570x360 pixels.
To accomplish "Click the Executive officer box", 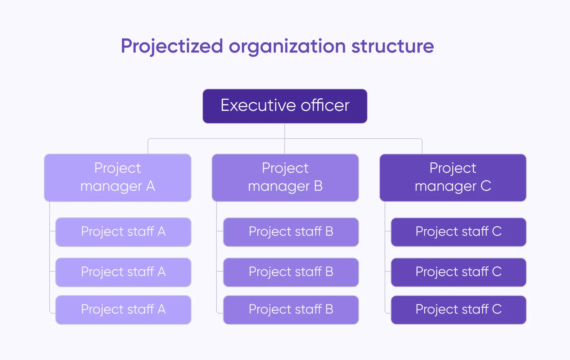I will [x=285, y=106].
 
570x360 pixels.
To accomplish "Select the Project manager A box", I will [x=117, y=177].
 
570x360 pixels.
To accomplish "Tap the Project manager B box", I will [x=285, y=177].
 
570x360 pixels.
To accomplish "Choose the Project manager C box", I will [x=453, y=177].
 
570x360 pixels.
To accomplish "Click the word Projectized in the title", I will [x=172, y=46].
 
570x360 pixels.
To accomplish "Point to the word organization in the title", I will [x=287, y=46].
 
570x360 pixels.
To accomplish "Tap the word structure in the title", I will [x=392, y=46].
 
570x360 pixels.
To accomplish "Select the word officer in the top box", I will [x=325, y=105].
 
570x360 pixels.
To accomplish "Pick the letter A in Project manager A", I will [x=150, y=186].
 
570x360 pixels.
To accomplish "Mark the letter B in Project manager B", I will [x=318, y=186].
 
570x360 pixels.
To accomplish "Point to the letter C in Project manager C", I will [x=486, y=186].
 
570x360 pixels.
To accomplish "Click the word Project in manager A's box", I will [x=117, y=168].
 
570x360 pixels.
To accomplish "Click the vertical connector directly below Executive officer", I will [x=285, y=131].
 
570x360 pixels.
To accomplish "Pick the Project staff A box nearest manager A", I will [x=123, y=232].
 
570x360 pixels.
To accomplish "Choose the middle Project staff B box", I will [x=291, y=272].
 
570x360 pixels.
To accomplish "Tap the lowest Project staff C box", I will [x=458, y=310].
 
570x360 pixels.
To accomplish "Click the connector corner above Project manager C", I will [x=421, y=139].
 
